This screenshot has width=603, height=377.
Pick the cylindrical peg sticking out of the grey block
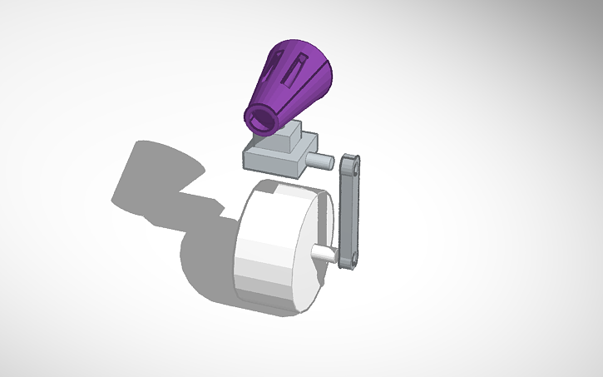(321, 159)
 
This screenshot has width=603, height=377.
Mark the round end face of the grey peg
(329, 161)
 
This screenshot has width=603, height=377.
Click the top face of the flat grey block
(266, 149)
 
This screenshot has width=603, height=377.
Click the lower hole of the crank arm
(348, 257)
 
